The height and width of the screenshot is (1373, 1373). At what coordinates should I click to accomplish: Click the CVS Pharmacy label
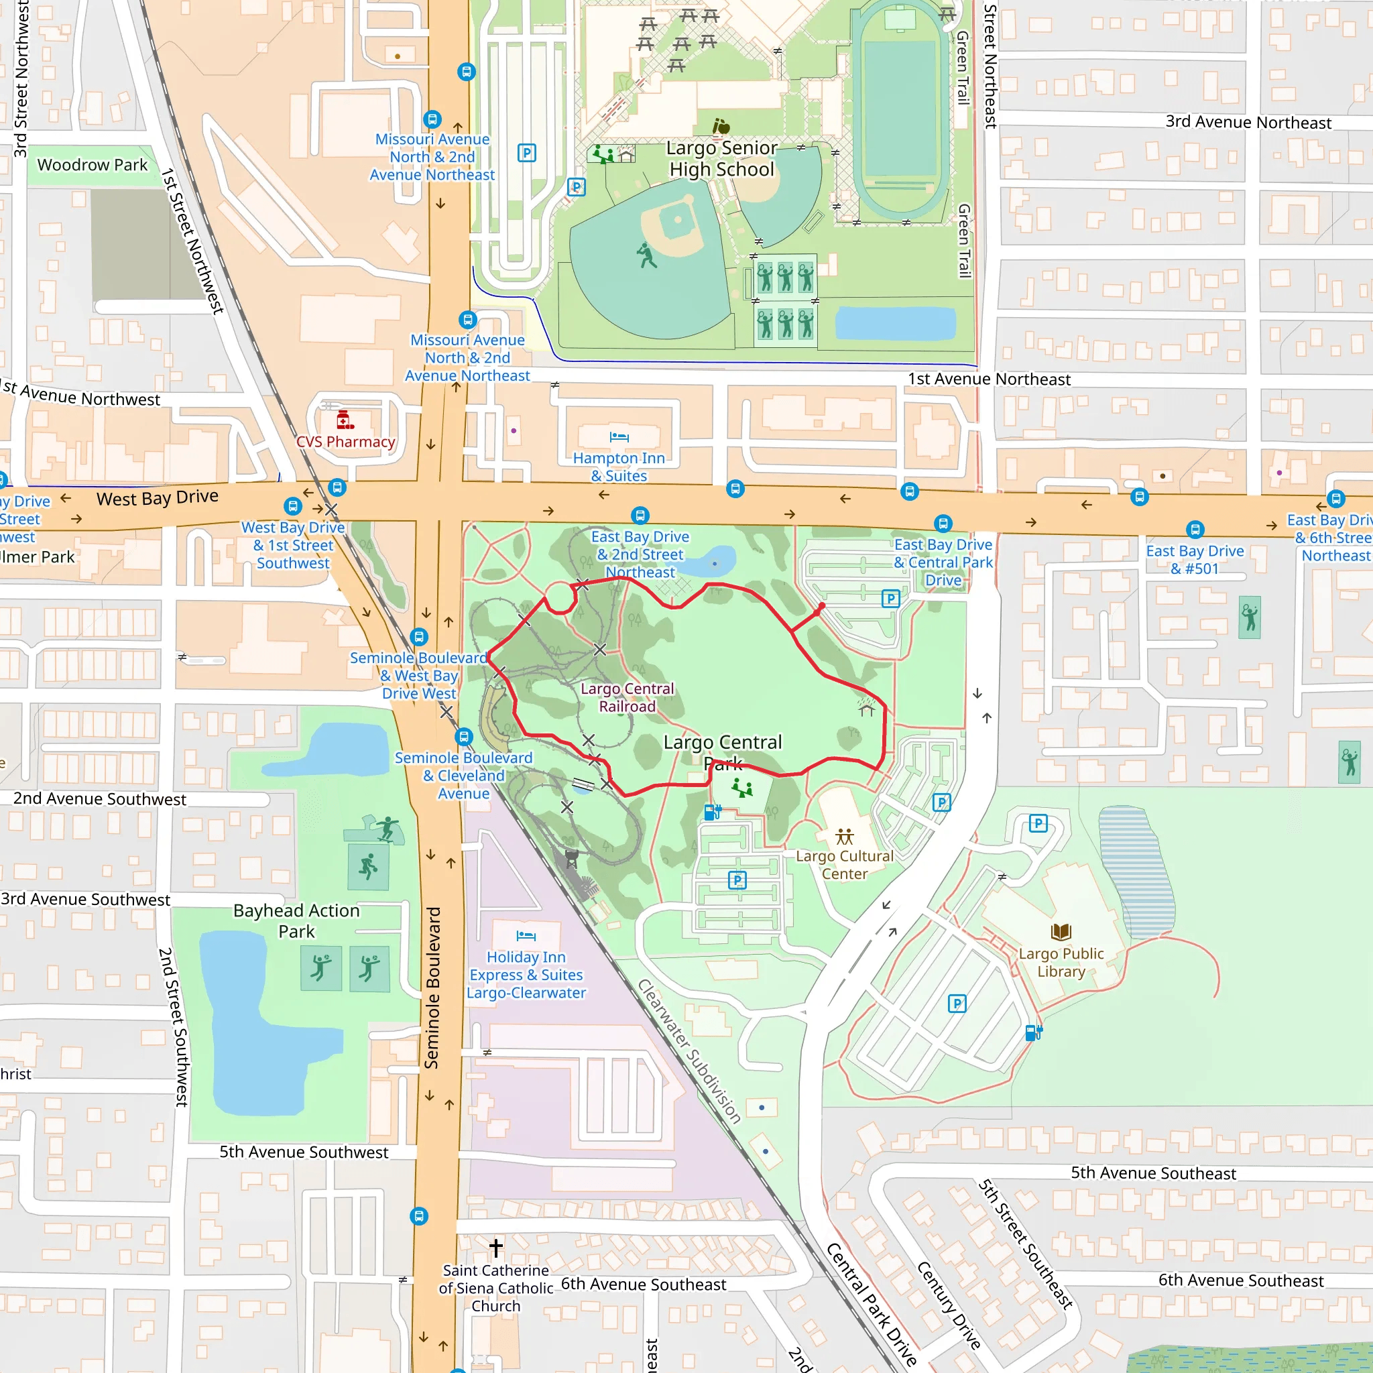(x=345, y=441)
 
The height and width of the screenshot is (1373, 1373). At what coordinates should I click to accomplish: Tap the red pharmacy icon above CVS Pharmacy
(x=345, y=419)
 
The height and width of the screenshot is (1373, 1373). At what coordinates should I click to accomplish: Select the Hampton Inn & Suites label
(x=619, y=467)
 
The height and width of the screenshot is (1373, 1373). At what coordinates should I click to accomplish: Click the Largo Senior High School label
(x=721, y=158)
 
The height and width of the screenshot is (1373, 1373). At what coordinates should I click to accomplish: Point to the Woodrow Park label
(x=93, y=165)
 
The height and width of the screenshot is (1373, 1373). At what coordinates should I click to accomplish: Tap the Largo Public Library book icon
(x=1061, y=932)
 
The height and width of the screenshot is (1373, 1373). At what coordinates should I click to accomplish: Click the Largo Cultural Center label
(x=844, y=865)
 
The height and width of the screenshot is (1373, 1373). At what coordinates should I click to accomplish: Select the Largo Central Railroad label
(x=627, y=697)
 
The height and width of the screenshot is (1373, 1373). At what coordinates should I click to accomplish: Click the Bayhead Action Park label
(x=296, y=920)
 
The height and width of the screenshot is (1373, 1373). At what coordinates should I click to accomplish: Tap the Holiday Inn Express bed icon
(x=526, y=936)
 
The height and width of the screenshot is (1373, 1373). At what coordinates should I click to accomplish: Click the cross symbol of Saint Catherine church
(x=496, y=1247)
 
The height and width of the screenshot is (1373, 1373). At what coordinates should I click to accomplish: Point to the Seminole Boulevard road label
(x=432, y=988)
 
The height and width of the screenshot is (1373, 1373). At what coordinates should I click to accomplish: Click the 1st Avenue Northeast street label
(x=989, y=379)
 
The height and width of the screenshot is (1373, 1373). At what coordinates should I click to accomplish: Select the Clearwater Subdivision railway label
(x=689, y=1051)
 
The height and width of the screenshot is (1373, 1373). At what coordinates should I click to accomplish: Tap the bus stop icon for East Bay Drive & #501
(x=1195, y=530)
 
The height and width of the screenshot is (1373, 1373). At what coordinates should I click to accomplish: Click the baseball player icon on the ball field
(x=646, y=256)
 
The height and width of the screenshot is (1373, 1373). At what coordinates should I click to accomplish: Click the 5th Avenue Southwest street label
(x=304, y=1152)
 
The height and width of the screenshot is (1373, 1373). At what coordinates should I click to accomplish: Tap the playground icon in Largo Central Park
(x=742, y=788)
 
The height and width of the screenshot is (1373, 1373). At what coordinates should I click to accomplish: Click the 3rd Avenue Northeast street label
(x=1248, y=122)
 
